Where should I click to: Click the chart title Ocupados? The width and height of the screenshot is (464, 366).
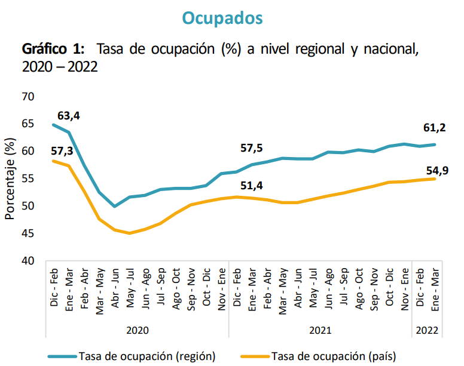pyautogui.click(x=222, y=18)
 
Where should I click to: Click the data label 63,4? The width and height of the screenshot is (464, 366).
pyautogui.click(x=69, y=115)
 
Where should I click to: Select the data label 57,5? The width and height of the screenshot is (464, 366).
pyautogui.click(x=251, y=147)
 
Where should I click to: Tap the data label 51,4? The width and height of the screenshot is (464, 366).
pyautogui.click(x=251, y=185)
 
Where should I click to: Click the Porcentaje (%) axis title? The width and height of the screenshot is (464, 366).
pyautogui.click(x=10, y=179)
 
